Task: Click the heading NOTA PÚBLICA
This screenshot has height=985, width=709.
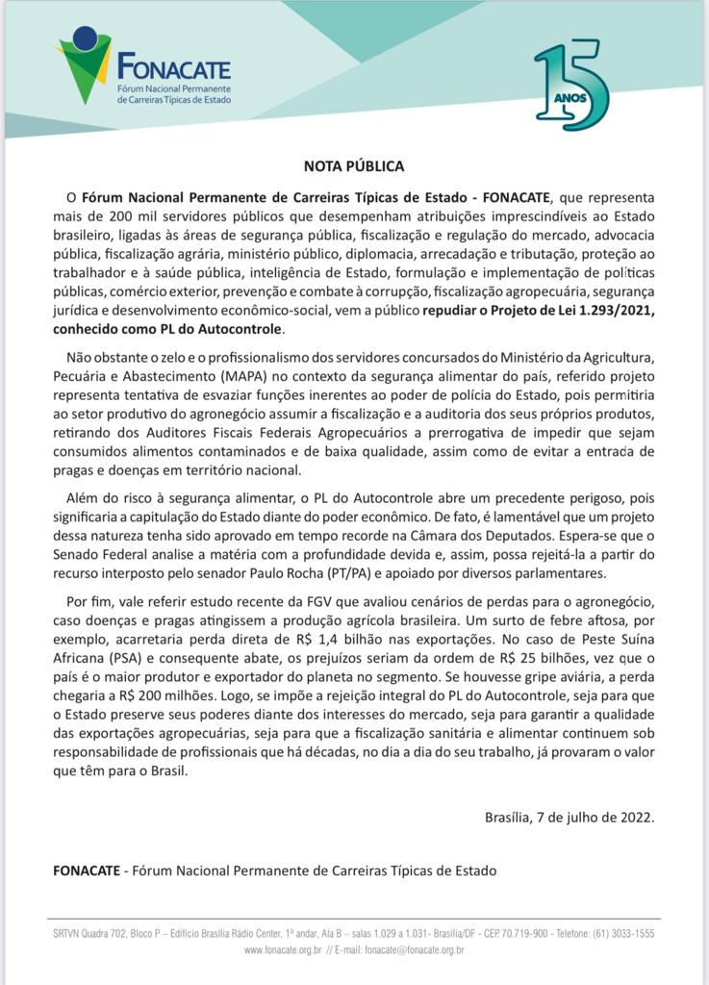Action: click(x=354, y=165)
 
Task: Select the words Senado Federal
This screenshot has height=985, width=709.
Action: click(x=99, y=555)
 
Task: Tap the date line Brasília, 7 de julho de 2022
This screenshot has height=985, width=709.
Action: click(x=570, y=817)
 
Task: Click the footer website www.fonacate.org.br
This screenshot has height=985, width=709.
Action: click(x=283, y=949)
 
